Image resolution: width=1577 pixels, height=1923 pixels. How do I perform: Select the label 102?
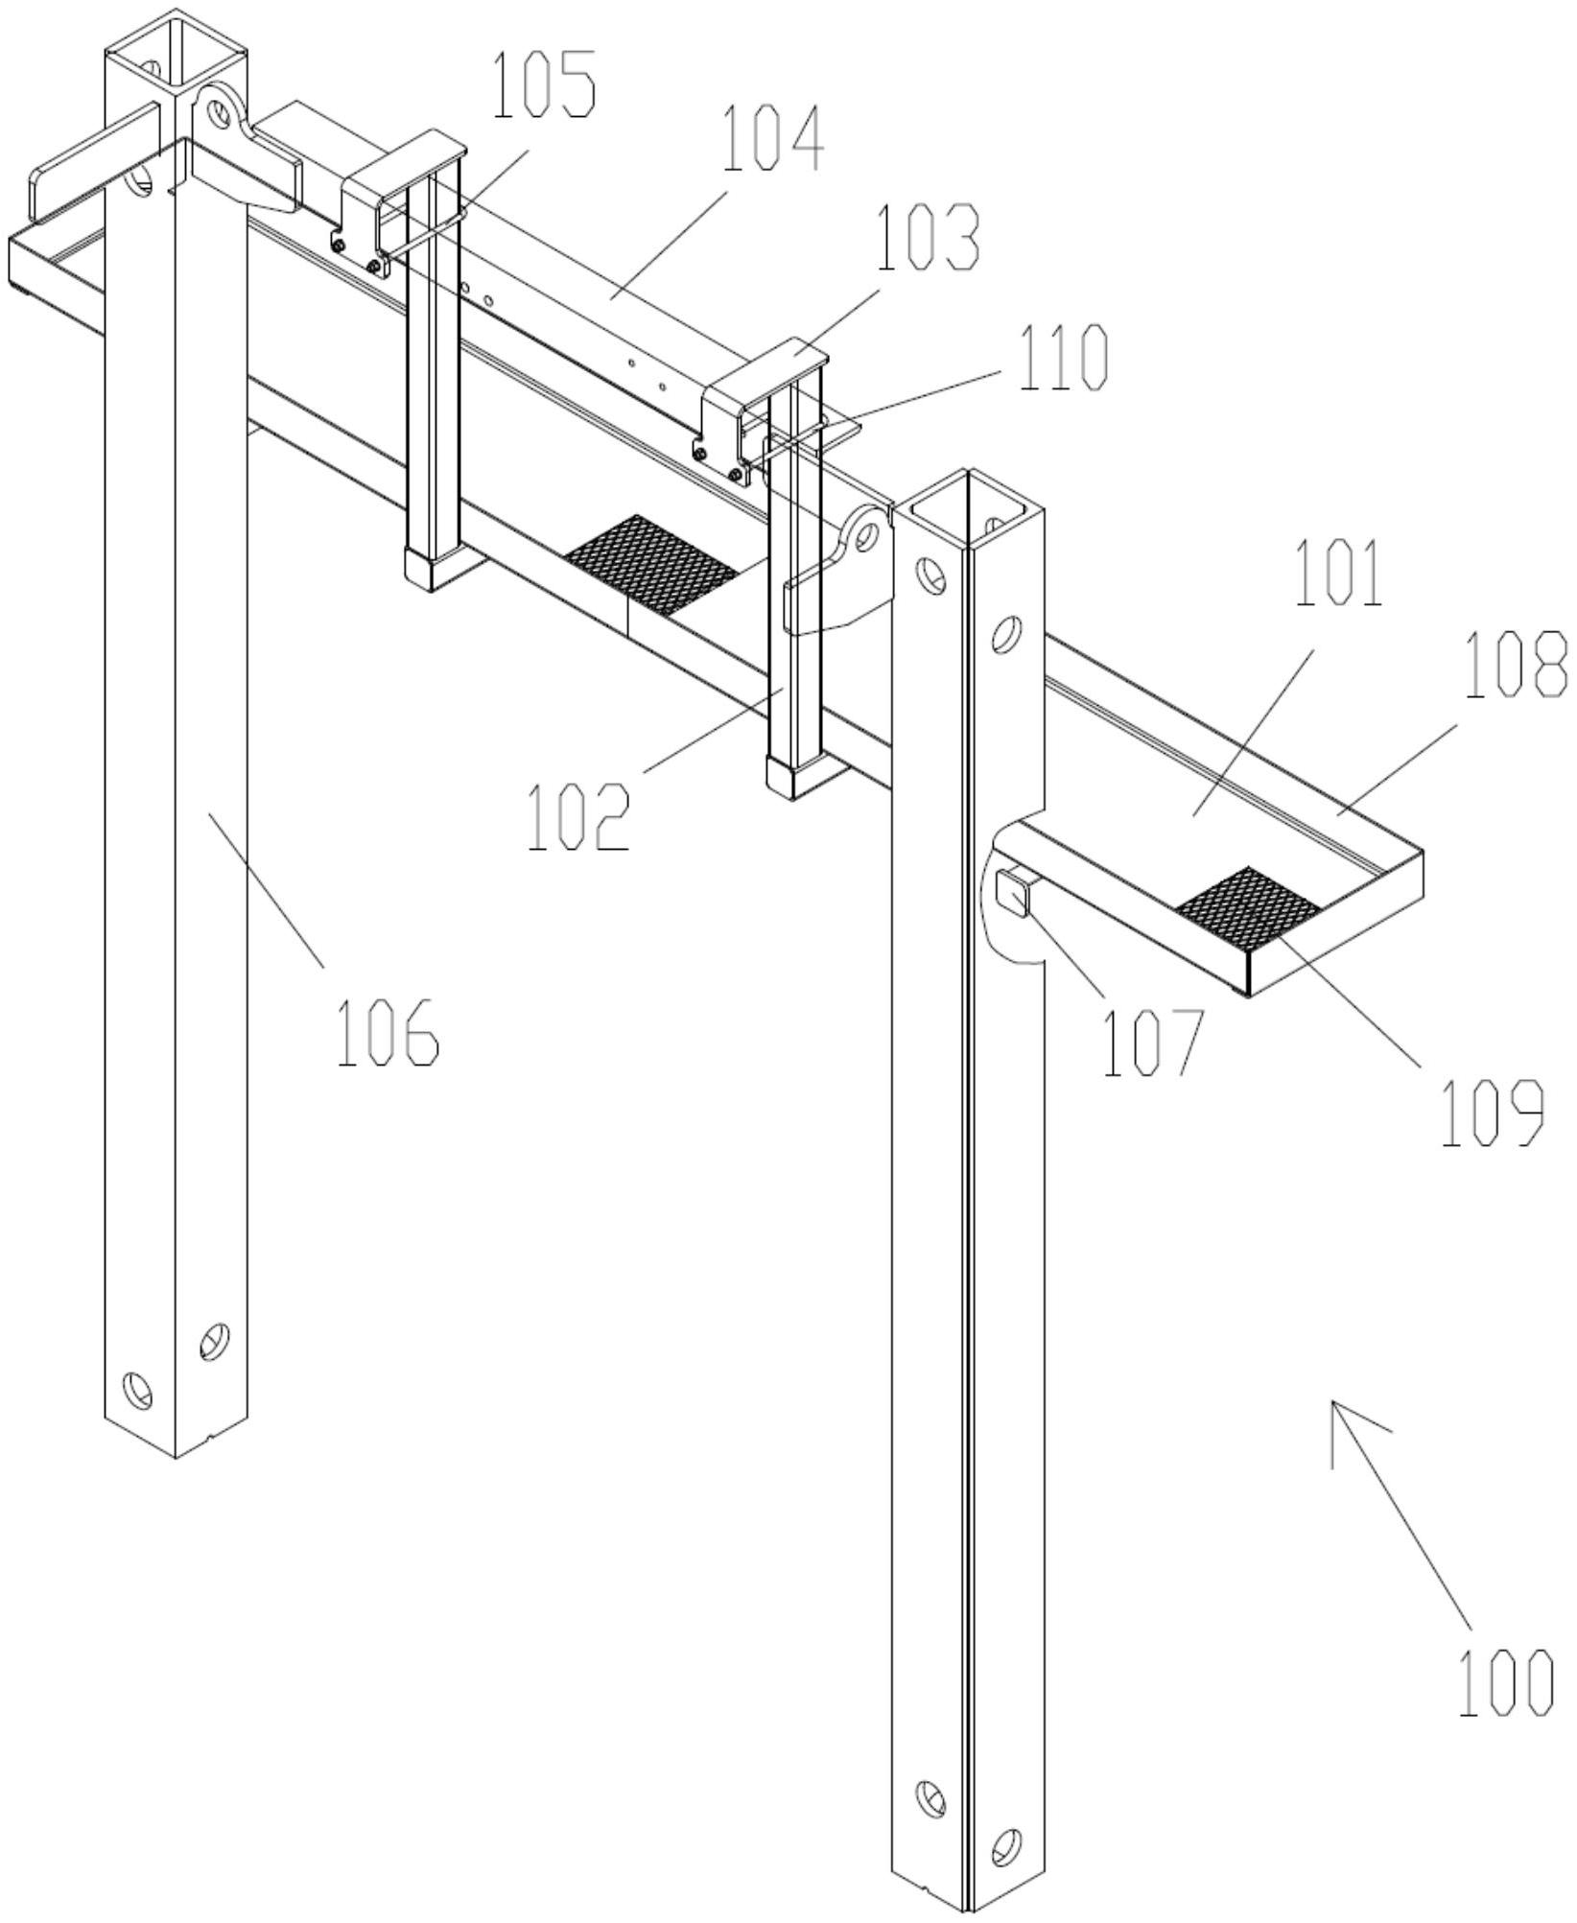coord(577,816)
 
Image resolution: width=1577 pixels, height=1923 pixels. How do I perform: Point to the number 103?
coord(930,236)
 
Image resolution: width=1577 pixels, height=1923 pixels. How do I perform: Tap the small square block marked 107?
coord(1012,891)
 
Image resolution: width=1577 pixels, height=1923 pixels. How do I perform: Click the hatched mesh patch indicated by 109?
coord(1248,907)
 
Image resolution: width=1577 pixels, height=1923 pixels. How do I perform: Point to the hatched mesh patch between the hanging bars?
coord(652,562)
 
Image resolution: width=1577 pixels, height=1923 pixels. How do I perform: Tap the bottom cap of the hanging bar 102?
coord(792,776)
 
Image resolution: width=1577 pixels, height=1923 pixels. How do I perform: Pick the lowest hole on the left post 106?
coord(137,1389)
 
